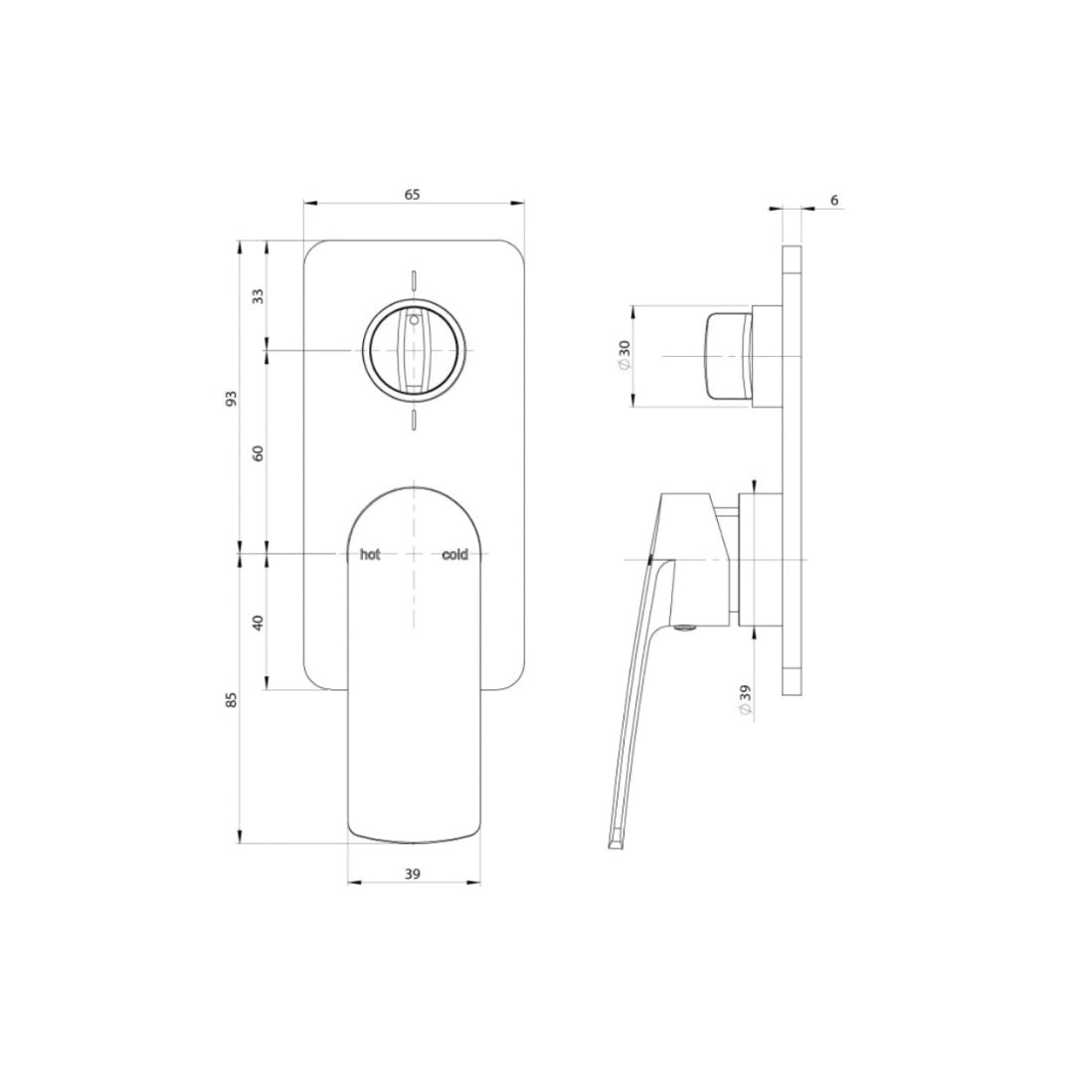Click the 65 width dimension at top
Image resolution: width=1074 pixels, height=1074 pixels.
[413, 195]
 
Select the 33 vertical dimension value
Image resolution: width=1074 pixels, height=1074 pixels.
[259, 295]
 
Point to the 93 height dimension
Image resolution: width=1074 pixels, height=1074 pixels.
[232, 397]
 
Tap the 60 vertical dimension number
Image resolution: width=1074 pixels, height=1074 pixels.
[259, 452]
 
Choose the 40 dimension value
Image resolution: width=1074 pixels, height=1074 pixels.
[259, 623]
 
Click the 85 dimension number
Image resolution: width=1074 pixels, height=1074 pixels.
[232, 699]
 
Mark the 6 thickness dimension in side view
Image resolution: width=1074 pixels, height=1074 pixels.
[833, 201]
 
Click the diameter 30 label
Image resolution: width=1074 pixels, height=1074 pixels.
[625, 356]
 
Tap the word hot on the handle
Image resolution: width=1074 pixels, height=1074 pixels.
[370, 555]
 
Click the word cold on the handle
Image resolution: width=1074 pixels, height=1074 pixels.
[454, 555]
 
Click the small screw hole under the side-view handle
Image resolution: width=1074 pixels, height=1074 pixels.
[685, 626]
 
